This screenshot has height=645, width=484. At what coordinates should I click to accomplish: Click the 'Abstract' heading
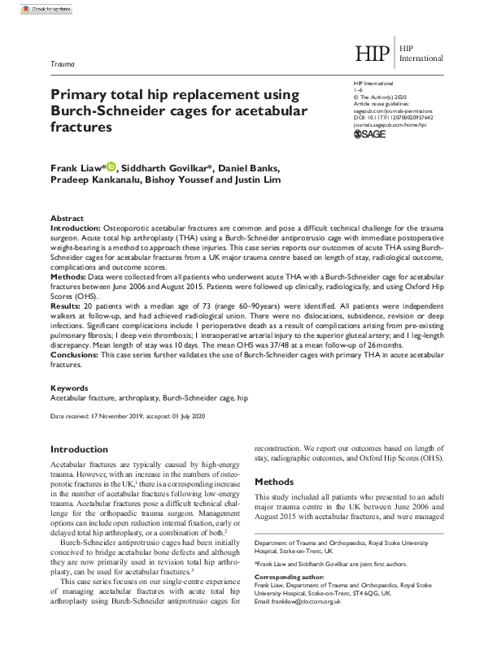coord(67,219)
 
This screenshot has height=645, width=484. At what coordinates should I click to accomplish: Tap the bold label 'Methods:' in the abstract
coord(70,278)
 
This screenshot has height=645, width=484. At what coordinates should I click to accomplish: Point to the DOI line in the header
coord(394,115)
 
